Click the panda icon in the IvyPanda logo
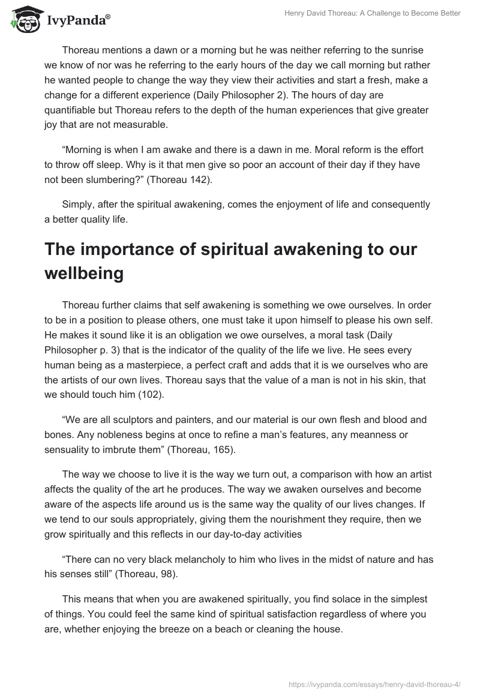point(22,19)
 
